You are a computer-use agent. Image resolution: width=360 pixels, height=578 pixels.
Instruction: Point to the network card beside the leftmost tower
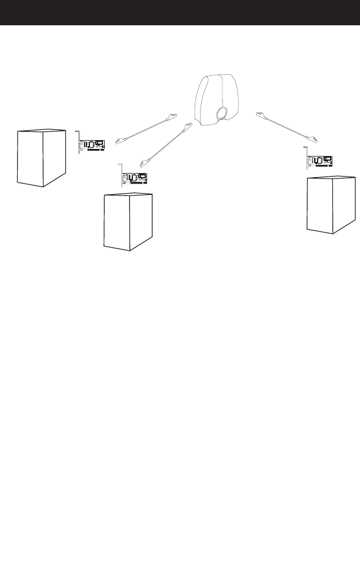coord(92,145)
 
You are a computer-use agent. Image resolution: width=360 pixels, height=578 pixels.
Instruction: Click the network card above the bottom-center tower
coord(134,178)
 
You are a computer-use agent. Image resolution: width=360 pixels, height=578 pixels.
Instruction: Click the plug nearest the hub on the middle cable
coord(188,127)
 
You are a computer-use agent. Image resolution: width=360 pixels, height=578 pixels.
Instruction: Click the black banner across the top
coord(180,12)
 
